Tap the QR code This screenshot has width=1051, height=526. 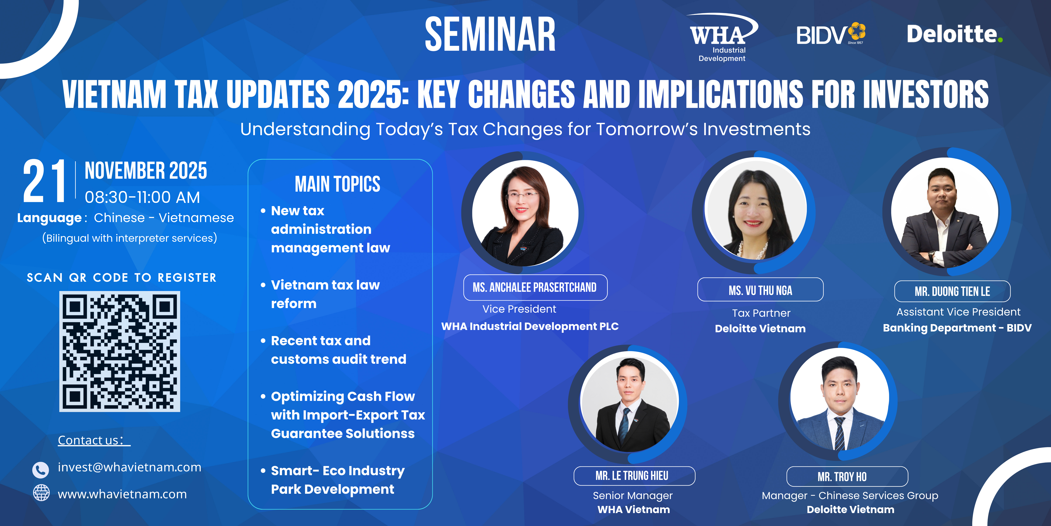click(x=120, y=351)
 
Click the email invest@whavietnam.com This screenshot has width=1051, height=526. click(x=129, y=467)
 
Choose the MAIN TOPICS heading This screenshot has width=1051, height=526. click(x=337, y=184)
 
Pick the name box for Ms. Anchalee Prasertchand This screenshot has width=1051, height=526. click(x=535, y=288)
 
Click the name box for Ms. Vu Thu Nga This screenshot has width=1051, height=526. click(x=760, y=290)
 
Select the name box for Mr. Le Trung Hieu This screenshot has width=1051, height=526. click(x=634, y=476)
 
